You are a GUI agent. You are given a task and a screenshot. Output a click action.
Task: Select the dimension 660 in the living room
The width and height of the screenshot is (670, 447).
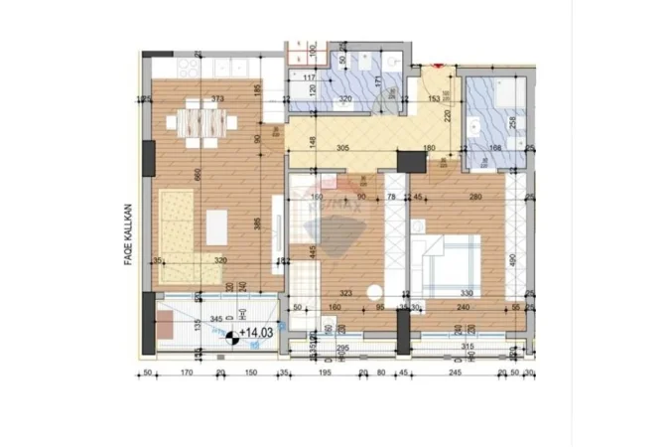[x=199, y=175]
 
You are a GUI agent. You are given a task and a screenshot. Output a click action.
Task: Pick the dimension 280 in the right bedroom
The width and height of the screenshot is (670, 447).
[x=474, y=196]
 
